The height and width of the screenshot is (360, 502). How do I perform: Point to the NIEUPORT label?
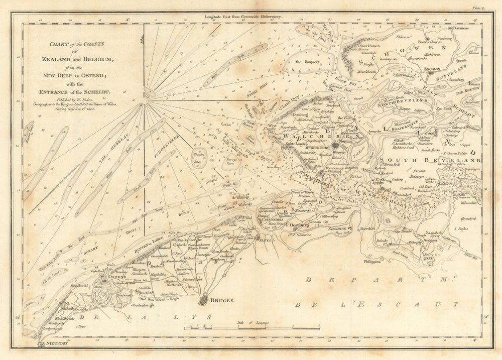point(55,345)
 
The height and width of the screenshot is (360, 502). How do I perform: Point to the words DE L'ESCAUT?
point(376,304)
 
